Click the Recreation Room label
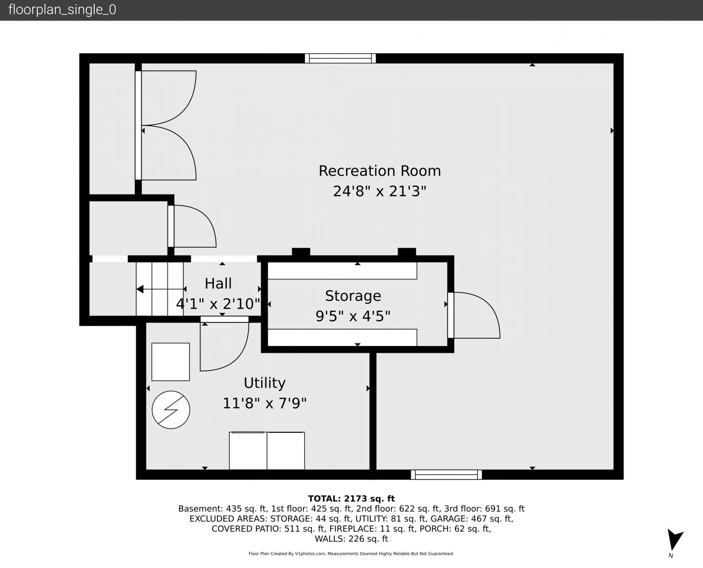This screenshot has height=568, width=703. tap(380, 171)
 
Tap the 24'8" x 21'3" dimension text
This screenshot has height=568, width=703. tap(380, 191)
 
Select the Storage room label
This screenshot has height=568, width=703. tap(353, 296)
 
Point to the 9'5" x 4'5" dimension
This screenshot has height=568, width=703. tap(353, 316)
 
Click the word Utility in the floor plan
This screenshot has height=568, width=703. tap(264, 383)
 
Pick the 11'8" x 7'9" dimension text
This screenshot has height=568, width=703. tap(264, 403)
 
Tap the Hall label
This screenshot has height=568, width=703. tap(218, 283)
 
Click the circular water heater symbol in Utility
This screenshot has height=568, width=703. tap(171, 410)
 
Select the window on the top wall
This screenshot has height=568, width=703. tap(340, 58)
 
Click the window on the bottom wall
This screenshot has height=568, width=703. tap(446, 475)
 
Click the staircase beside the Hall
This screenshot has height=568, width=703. tap(160, 289)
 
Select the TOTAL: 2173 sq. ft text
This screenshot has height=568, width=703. tap(351, 499)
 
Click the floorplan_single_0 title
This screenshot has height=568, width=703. tap(62, 10)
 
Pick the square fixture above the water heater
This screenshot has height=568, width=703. tap(171, 362)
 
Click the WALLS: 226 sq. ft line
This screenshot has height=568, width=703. tap(351, 539)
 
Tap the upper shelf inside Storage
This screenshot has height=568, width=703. tap(342, 271)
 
